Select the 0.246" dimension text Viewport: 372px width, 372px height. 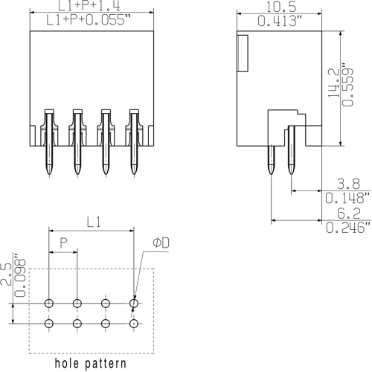click(348, 228)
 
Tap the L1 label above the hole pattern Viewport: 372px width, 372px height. click(92, 222)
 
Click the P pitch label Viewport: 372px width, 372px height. click(64, 243)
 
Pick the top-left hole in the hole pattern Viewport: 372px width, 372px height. click(49, 304)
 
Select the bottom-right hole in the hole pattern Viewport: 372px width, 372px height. click(134, 324)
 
